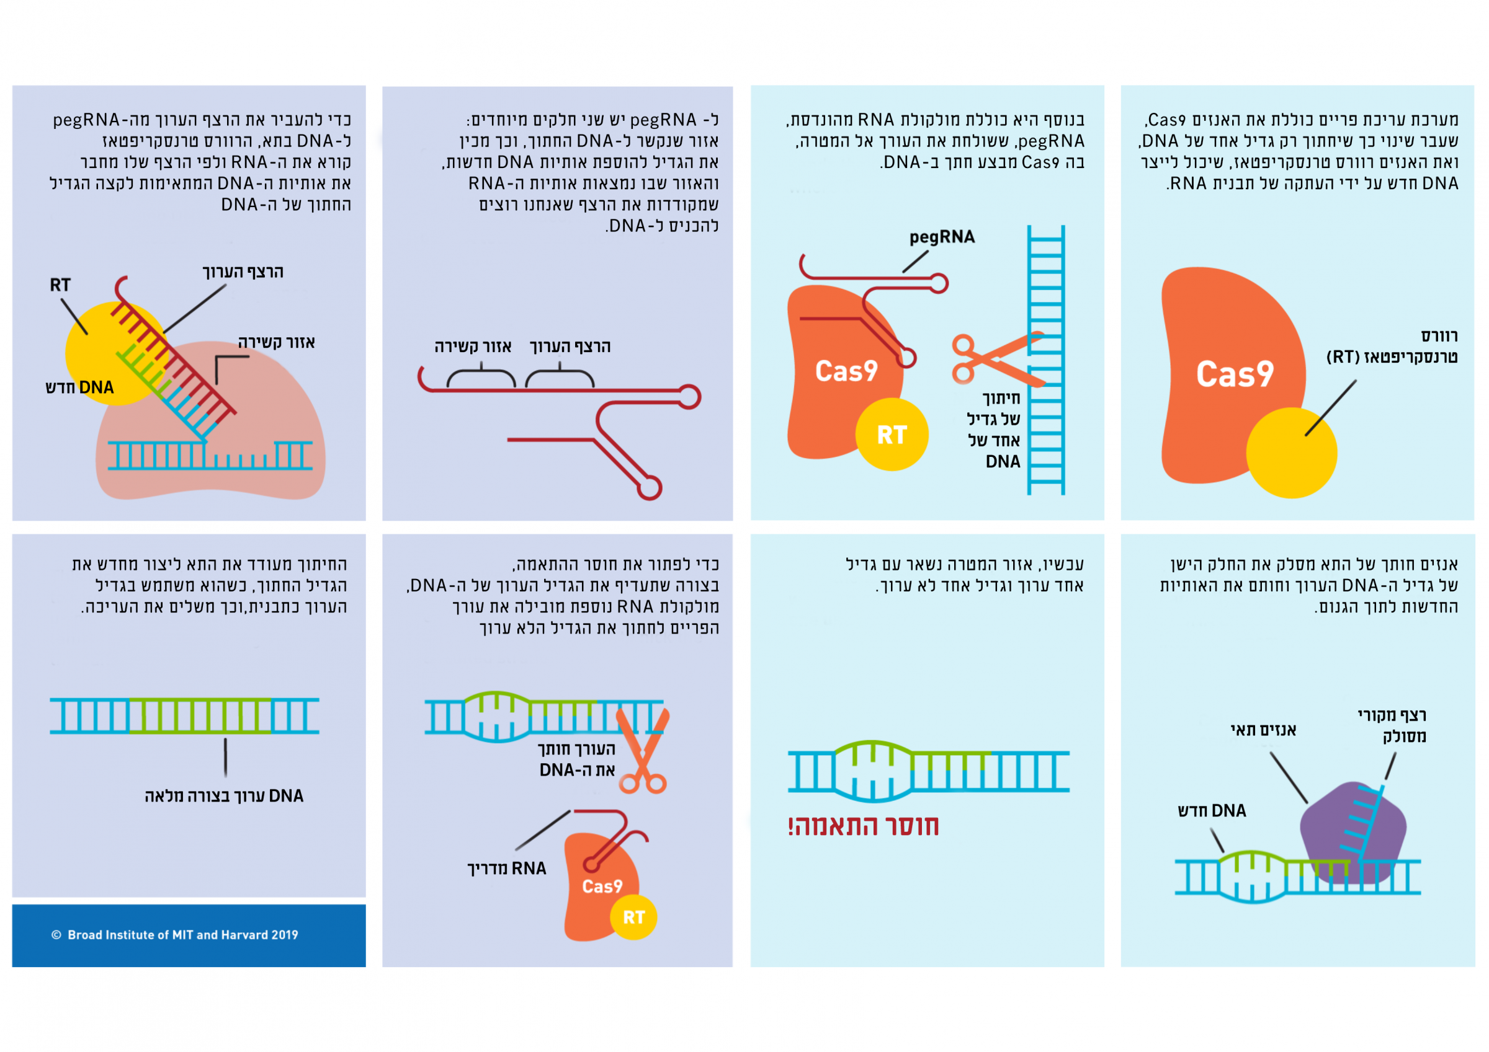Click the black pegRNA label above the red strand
tap(942, 237)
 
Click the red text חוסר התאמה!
tap(863, 826)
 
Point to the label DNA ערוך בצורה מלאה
tap(224, 795)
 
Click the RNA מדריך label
tap(506, 868)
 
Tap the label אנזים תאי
tap(1263, 730)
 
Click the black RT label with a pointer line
tap(60, 285)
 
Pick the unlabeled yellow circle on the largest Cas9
tap(1291, 453)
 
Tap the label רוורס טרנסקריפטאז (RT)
tap(1392, 346)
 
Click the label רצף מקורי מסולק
tap(1392, 725)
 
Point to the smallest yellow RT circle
tap(633, 917)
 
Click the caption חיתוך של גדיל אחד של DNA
tap(994, 430)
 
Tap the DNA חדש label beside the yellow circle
tap(79, 387)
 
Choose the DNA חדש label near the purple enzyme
tap(1212, 810)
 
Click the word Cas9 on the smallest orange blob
tap(602, 886)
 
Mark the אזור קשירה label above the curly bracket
tap(473, 346)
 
